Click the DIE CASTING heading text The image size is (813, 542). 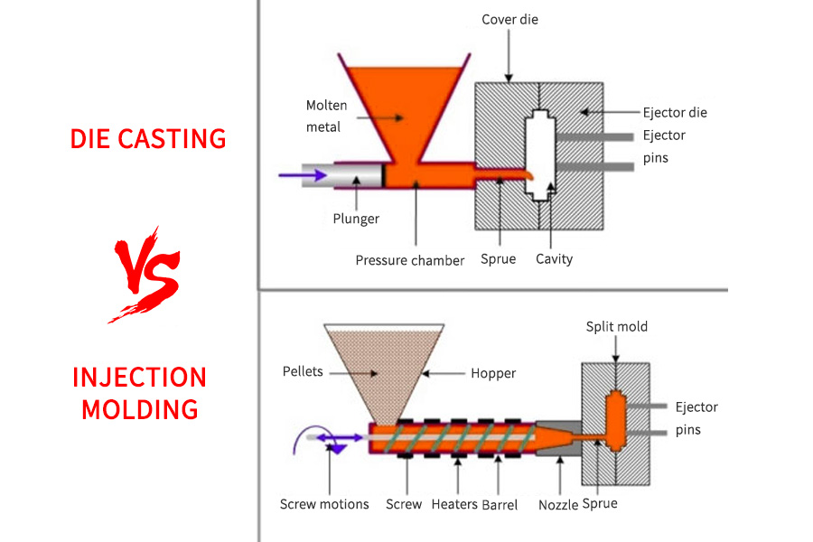click(148, 138)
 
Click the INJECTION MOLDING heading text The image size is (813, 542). click(140, 393)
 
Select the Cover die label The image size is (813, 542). click(509, 19)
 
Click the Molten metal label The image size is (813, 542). click(326, 117)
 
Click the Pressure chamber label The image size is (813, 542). click(409, 260)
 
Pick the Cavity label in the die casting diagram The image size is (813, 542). click(554, 259)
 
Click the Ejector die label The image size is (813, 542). click(675, 113)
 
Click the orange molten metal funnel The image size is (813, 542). click(404, 108)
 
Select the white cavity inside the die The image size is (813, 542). click(540, 154)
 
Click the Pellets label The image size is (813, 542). click(303, 371)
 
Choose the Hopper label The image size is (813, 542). click(492, 372)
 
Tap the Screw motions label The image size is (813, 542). click(324, 504)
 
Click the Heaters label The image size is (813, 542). click(454, 504)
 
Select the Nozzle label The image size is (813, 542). click(558, 504)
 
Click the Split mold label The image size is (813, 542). click(617, 326)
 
